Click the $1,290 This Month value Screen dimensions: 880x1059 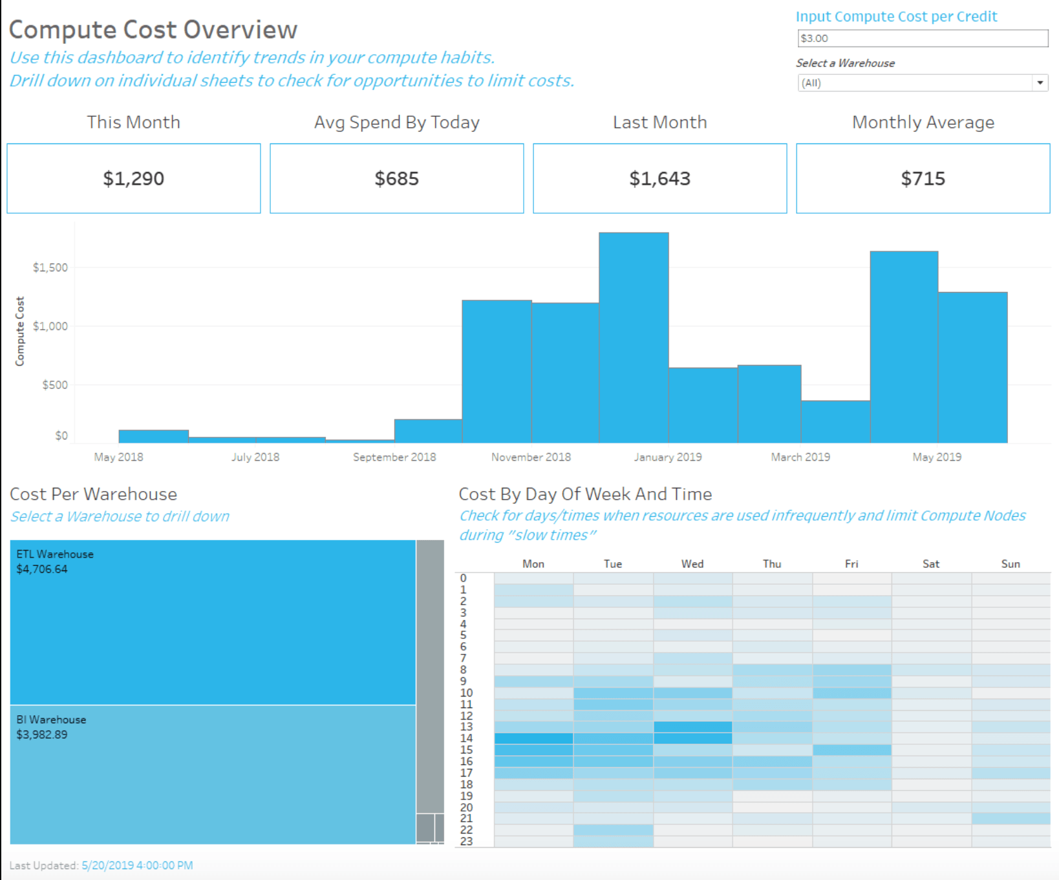[133, 178]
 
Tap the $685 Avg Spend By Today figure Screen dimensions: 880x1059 [396, 178]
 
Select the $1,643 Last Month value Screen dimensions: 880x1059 [659, 178]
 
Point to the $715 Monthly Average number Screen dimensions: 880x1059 [923, 178]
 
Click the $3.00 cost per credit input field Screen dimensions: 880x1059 [922, 38]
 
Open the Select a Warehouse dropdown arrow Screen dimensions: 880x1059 [1040, 83]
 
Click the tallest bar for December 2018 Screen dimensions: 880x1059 [634, 336]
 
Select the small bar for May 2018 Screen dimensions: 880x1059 [153, 436]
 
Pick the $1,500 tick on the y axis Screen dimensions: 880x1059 [50, 267]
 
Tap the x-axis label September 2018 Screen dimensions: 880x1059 [394, 457]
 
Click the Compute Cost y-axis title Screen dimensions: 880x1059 [20, 331]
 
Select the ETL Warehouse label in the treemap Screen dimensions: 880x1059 [55, 554]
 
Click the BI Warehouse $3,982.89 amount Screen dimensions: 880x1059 [42, 735]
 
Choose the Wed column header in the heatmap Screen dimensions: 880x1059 [692, 564]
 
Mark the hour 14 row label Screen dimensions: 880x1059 [466, 738]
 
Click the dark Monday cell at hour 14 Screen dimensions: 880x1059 [533, 738]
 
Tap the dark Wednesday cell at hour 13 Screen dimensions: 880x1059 [692, 727]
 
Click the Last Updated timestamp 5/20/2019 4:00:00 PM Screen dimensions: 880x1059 [137, 865]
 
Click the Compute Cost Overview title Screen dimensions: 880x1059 [153, 30]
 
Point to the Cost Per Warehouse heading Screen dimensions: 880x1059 [93, 494]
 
